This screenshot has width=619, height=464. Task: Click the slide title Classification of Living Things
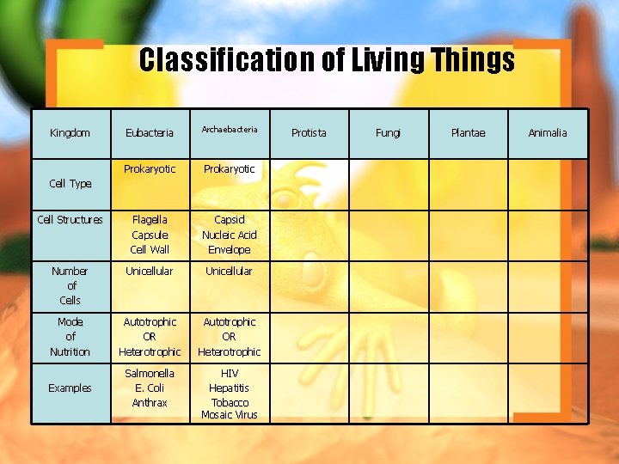[327, 60]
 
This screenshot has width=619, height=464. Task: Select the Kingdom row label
[70, 133]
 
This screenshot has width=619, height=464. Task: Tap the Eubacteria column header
[150, 133]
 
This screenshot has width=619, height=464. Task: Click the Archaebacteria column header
[230, 130]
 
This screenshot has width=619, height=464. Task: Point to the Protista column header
[309, 133]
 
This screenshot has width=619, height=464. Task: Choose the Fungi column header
[388, 133]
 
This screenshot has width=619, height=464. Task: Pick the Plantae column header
[468, 133]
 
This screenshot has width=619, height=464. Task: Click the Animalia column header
[548, 133]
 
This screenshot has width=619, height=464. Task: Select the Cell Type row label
[70, 184]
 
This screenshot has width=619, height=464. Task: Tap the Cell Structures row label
[70, 220]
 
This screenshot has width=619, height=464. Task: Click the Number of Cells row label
[70, 285]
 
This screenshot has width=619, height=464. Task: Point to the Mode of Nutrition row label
[70, 337]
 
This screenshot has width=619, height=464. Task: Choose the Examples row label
[70, 388]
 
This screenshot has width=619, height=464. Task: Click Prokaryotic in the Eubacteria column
[150, 169]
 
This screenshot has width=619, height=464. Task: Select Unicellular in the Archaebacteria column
[229, 272]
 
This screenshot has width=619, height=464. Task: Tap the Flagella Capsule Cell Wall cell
[150, 235]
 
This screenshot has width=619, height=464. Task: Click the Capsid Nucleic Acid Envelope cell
[229, 235]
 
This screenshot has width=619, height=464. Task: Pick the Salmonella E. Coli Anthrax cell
[150, 388]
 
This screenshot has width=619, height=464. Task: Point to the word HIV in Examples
[230, 374]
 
